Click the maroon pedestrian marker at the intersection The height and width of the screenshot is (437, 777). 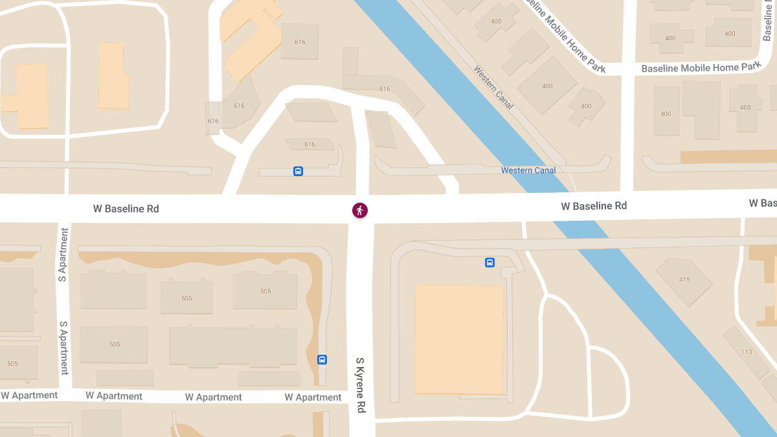click(360, 210)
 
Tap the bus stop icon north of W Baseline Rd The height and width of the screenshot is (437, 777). click(298, 172)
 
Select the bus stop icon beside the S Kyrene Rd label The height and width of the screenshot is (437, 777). click(322, 360)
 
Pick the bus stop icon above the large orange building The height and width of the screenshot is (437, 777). click(490, 262)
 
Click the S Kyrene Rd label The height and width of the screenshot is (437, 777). click(361, 386)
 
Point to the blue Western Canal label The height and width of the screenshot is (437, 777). click(528, 170)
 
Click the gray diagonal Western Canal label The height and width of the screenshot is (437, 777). click(493, 87)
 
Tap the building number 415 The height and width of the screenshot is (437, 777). click(684, 280)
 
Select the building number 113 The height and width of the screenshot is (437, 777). click(747, 352)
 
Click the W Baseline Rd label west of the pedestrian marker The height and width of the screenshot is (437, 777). click(126, 209)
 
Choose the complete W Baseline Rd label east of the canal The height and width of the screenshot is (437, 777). click(594, 207)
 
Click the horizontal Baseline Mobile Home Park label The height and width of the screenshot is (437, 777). click(701, 67)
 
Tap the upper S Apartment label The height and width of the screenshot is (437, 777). click(63, 255)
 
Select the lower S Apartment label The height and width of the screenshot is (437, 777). click(64, 348)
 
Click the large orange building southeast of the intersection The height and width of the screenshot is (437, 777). click(459, 339)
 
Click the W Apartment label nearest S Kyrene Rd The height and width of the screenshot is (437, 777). click(313, 398)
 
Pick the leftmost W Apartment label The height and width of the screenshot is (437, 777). click(29, 396)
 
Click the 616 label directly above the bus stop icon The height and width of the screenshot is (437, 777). click(310, 144)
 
